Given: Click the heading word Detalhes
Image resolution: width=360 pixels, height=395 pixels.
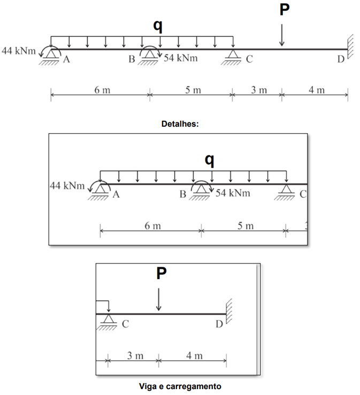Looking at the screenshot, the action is click(x=180, y=123).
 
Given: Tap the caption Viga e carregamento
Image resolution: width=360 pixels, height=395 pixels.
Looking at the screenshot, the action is click(x=180, y=386).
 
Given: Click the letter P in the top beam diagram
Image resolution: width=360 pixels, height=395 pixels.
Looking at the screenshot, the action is click(x=285, y=10).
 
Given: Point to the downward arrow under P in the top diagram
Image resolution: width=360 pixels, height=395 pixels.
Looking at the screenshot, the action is click(x=282, y=35).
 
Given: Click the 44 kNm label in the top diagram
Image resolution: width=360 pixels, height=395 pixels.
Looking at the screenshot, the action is click(x=19, y=51).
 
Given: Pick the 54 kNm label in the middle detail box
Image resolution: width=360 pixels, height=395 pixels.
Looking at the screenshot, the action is click(x=233, y=193).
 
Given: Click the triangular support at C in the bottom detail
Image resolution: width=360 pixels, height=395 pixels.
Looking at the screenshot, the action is click(x=108, y=322).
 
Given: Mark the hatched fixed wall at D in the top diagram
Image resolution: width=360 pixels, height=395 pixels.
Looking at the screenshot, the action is click(x=350, y=47).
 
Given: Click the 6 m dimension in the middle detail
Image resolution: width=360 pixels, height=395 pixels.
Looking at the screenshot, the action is click(x=152, y=226).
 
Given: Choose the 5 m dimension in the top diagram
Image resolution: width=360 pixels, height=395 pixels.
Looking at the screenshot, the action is click(x=193, y=90).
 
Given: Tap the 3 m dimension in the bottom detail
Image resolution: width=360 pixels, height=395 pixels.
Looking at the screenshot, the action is click(x=135, y=355).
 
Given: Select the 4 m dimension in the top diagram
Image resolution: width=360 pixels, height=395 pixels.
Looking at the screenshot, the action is click(x=317, y=90).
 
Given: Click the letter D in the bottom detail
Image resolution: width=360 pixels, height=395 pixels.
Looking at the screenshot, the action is click(x=219, y=324).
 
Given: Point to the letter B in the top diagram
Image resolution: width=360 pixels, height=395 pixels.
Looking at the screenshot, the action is click(x=132, y=59).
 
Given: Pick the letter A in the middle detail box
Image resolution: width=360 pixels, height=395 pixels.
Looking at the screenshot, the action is click(x=116, y=195).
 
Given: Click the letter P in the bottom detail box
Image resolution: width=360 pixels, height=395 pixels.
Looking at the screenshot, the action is click(x=162, y=273).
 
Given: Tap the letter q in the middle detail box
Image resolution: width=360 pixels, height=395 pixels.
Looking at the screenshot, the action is click(x=210, y=160).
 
